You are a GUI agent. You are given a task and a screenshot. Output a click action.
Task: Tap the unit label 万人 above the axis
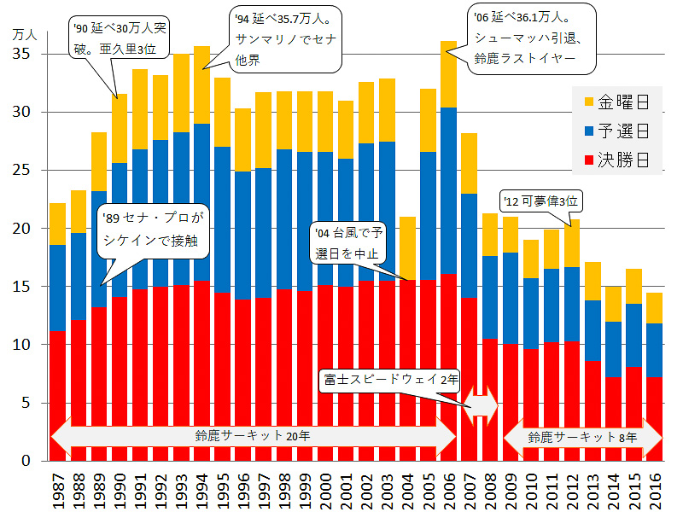[26, 35]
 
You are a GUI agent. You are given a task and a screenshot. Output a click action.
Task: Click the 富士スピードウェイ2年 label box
[389, 377]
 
